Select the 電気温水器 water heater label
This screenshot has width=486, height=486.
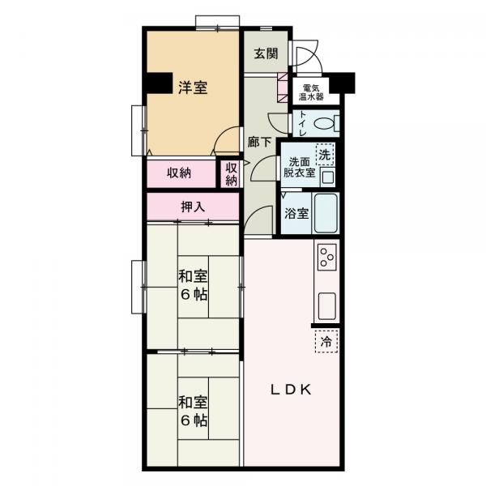(313, 92)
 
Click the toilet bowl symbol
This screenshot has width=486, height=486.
(325, 125)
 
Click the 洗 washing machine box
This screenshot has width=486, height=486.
(324, 154)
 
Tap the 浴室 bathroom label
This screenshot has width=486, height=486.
(296, 215)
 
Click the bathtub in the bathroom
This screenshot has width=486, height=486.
(326, 213)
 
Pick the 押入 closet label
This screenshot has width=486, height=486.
(193, 207)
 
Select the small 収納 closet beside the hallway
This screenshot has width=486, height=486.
(231, 173)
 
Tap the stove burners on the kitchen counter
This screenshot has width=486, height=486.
(327, 258)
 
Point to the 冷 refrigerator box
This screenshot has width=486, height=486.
(326, 342)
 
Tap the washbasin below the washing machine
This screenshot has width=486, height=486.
(327, 177)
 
